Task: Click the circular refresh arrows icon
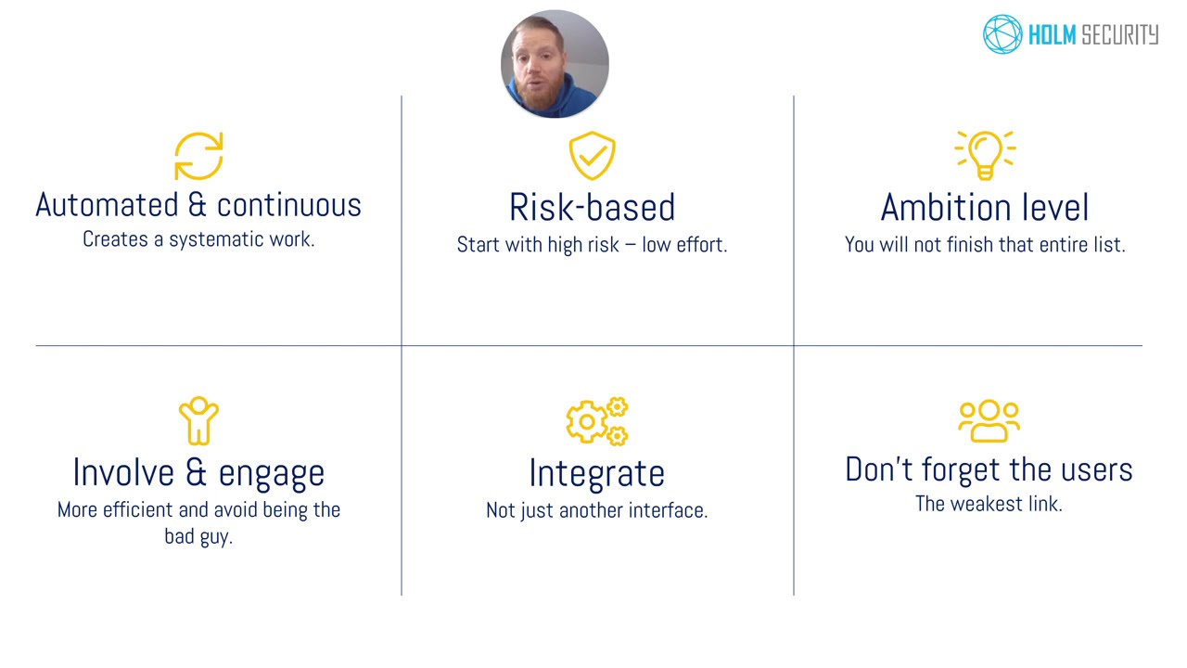[198, 156]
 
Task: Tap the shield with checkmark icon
[592, 156]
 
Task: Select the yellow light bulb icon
[985, 154]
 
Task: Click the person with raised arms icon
[198, 421]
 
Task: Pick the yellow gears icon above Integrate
[597, 421]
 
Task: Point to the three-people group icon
[989, 421]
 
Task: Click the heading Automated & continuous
[198, 205]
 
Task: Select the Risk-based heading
[592, 208]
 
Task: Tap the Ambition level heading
[985, 208]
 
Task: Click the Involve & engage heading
[198, 472]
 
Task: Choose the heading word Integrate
[596, 473]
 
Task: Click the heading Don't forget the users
[989, 469]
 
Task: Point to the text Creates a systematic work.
[198, 239]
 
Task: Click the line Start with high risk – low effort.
[592, 245]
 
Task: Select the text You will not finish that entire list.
[985, 245]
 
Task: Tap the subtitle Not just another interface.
[596, 510]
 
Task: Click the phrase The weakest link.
[989, 504]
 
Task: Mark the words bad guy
[198, 536]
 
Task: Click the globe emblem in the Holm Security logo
[1002, 34]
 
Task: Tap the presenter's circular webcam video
[555, 64]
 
